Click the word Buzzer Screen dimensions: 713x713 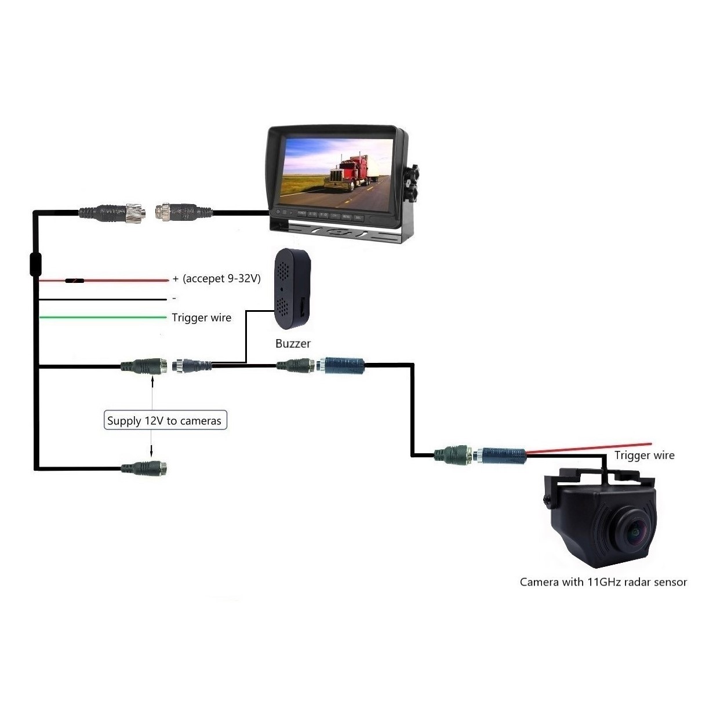(x=293, y=343)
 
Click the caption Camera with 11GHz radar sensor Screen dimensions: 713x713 (x=603, y=582)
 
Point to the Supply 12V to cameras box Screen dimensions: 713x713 (x=164, y=420)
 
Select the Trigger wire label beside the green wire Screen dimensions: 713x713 (x=201, y=318)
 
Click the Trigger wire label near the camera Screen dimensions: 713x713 (x=644, y=455)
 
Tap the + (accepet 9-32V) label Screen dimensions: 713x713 (x=216, y=279)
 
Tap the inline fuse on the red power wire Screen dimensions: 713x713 (x=74, y=281)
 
